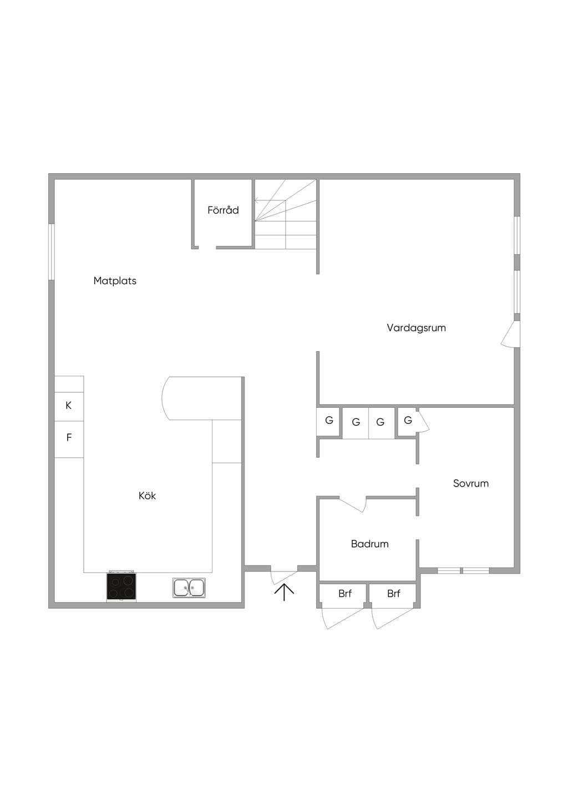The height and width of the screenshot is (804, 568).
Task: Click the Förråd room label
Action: pyautogui.click(x=223, y=210)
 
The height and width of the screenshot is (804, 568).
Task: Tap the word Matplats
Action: pyautogui.click(x=115, y=281)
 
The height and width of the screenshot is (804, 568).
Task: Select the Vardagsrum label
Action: pyautogui.click(x=416, y=328)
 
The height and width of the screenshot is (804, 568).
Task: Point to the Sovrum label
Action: pyautogui.click(x=471, y=483)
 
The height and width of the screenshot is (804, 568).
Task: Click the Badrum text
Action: pyautogui.click(x=369, y=544)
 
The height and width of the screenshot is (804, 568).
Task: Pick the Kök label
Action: pyautogui.click(x=147, y=495)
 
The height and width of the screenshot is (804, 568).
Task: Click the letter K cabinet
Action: pyautogui.click(x=69, y=406)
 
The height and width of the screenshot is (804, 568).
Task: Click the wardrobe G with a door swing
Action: pyautogui.click(x=408, y=421)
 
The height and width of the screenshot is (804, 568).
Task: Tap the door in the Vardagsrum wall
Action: pyautogui.click(x=510, y=334)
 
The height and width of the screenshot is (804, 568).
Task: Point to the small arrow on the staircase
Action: pyautogui.click(x=257, y=200)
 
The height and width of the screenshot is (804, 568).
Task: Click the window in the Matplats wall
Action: pyautogui.click(x=52, y=251)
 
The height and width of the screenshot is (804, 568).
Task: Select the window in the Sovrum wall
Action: pyautogui.click(x=463, y=571)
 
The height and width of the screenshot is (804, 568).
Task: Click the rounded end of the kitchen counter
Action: pyautogui.click(x=166, y=398)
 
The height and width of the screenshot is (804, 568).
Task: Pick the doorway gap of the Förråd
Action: pyautogui.click(x=207, y=247)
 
